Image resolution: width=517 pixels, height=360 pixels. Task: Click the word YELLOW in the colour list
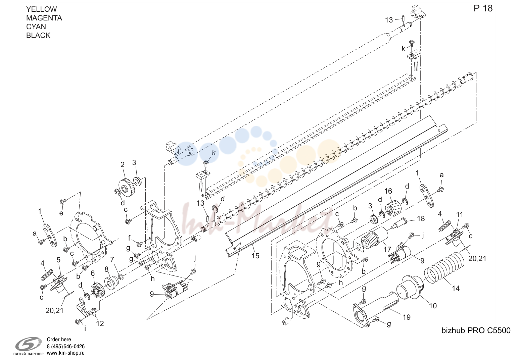pos(41,9)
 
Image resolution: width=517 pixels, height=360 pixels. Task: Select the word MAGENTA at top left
pos(44,18)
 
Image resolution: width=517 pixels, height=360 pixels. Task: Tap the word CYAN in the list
pos(36,27)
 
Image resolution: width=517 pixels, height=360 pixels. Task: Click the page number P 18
pos(483,8)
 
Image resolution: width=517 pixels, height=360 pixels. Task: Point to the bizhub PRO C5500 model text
pos(476,330)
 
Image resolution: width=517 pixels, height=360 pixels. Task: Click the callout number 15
pos(255,256)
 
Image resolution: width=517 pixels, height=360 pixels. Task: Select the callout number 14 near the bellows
pos(456,288)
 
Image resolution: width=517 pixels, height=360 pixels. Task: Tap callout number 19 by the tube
pos(407,317)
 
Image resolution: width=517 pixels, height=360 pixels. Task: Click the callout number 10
pos(433,306)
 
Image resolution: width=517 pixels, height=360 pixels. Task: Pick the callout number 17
pos(387,249)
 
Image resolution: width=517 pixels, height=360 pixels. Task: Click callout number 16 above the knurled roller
pos(388,191)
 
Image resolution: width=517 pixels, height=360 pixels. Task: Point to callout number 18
pos(421,218)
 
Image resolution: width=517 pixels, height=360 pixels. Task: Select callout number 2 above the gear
pos(122,164)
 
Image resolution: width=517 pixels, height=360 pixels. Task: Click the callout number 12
pos(100,323)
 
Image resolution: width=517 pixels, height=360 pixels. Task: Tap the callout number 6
pos(93,273)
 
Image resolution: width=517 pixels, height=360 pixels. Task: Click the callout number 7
pos(112,260)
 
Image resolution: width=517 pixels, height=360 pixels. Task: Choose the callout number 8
pos(106,269)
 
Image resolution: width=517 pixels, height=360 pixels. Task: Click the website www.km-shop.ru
pos(66,353)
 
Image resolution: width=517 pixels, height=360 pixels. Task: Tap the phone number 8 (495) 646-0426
pos(66,346)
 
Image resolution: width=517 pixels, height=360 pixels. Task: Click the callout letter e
pos(61,213)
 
